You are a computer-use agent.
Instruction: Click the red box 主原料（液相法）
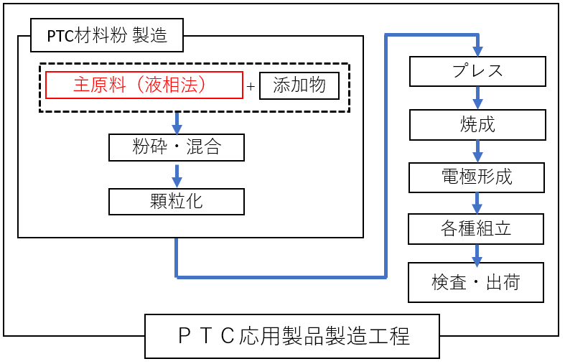click(144, 85)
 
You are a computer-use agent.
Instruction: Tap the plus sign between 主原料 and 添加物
click(251, 87)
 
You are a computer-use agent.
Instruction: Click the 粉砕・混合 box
click(177, 148)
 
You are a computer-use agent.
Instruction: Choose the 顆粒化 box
click(177, 202)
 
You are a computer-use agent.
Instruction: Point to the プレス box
click(477, 71)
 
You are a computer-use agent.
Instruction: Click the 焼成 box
click(477, 125)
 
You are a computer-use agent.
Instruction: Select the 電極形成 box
click(477, 177)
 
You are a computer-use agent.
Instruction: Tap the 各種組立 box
click(477, 229)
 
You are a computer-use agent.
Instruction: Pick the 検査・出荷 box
click(476, 282)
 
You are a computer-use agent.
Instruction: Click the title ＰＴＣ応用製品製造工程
click(291, 336)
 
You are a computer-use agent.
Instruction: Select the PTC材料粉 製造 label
click(107, 35)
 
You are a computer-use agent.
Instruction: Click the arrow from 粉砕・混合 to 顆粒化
click(177, 174)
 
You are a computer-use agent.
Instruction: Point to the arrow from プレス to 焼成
click(477, 98)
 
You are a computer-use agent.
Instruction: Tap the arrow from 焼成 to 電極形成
click(477, 151)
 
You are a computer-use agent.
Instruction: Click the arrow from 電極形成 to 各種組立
click(477, 203)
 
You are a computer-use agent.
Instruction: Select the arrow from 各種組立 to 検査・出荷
click(477, 255)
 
